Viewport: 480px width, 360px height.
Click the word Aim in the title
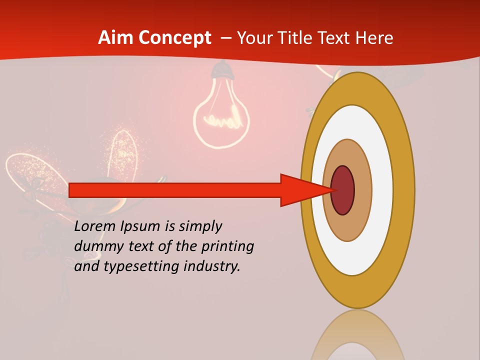tap(115, 38)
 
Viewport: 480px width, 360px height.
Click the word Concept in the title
tap(174, 38)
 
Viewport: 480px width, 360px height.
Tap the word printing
tap(227, 246)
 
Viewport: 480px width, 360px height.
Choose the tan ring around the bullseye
tap(363, 190)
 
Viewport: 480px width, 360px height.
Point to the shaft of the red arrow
tap(175, 190)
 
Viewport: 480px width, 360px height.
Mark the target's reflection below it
tap(357, 335)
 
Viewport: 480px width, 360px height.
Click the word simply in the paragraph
tap(200, 226)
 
